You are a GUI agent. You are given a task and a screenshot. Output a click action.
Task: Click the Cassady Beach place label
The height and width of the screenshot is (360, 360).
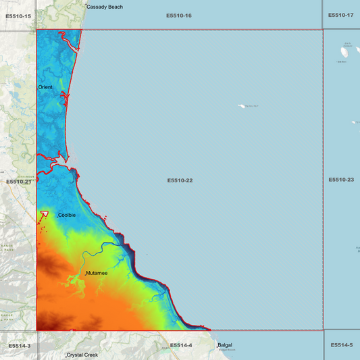[x=105, y=7]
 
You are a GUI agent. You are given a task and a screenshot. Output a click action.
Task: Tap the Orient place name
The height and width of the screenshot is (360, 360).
[x=45, y=87]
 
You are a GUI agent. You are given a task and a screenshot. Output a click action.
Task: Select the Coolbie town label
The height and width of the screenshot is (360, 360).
[x=67, y=215]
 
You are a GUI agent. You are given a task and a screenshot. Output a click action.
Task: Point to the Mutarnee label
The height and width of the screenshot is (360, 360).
[x=97, y=274]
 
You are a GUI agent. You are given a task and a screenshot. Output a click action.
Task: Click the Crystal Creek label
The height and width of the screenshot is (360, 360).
[x=82, y=355]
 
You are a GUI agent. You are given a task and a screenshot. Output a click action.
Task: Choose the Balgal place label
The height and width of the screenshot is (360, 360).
[x=225, y=346]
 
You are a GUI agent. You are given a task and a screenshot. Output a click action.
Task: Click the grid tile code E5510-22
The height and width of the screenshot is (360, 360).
[x=180, y=180]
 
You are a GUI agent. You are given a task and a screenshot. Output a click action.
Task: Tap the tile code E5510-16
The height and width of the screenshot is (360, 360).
[x=179, y=15]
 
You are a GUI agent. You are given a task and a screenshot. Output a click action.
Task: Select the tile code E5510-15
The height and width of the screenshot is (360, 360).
[x=18, y=15]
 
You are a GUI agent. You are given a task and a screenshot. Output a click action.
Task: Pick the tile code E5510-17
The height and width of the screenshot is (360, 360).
[x=340, y=15]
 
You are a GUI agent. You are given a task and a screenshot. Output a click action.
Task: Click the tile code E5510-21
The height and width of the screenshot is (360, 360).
[x=19, y=181]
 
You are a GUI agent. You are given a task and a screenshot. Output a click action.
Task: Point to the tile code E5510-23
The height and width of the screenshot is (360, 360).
[x=341, y=180]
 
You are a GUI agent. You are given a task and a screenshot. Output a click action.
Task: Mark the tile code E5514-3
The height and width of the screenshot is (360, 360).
[x=20, y=346]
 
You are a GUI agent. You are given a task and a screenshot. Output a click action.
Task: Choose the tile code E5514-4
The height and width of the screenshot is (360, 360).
[x=181, y=345]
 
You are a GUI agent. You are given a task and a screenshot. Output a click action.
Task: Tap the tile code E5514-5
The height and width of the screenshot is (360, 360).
[x=342, y=345]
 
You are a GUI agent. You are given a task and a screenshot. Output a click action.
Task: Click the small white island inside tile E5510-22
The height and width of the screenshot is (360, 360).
[x=242, y=106]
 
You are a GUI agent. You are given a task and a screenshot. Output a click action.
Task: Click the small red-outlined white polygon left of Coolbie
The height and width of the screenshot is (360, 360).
[x=45, y=214]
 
